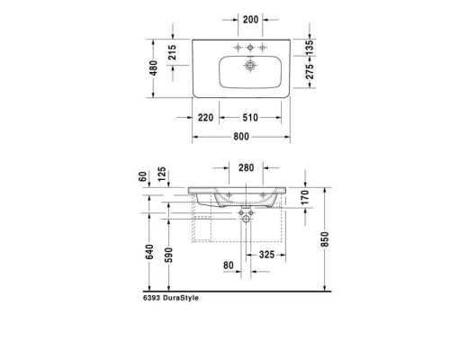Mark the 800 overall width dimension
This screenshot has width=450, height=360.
[x=240, y=138]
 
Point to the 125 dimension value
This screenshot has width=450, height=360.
[x=161, y=174]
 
